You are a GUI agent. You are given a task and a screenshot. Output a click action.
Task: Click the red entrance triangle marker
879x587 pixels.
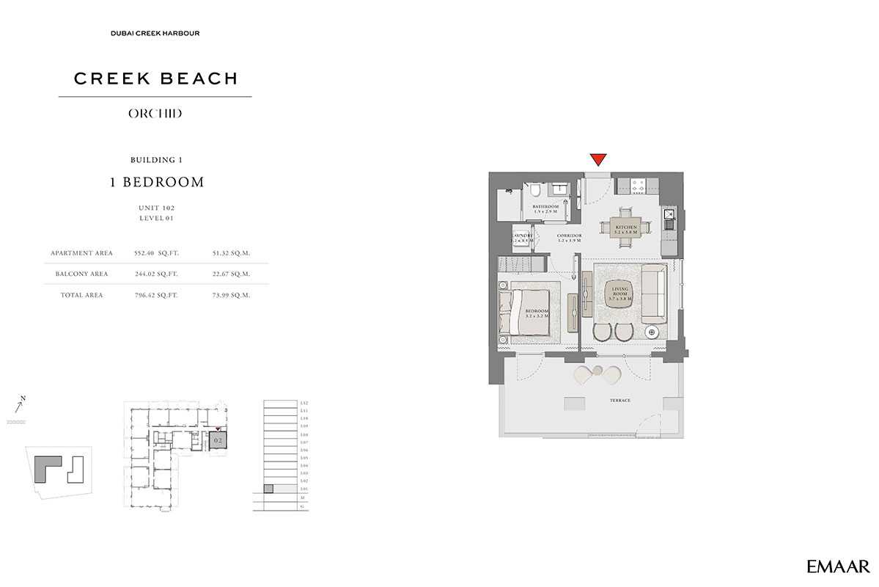click(598, 159)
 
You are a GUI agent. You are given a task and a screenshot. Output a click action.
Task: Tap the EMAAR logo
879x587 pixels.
click(838, 566)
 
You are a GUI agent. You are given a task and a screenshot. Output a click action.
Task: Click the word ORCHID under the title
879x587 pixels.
click(155, 114)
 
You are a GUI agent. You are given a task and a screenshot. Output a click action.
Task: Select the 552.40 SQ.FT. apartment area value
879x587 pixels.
click(156, 253)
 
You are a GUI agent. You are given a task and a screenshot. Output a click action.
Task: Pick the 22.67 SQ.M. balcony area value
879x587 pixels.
click(231, 274)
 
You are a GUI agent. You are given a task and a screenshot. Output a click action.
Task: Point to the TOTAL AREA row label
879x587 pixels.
click(82, 295)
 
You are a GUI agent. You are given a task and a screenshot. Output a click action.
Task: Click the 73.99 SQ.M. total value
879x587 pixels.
click(231, 295)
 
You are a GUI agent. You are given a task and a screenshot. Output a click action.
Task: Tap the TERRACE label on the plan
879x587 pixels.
click(619, 400)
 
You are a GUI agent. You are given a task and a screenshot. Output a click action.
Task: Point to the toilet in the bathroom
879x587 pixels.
click(536, 192)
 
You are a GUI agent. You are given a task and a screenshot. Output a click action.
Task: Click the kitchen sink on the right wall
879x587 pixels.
click(669, 215)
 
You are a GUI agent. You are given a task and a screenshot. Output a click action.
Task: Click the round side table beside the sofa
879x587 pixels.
click(652, 332)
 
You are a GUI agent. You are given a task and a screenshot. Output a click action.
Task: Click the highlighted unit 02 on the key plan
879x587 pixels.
click(218, 442)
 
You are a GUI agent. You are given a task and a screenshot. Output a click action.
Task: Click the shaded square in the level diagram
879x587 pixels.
click(268, 489)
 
